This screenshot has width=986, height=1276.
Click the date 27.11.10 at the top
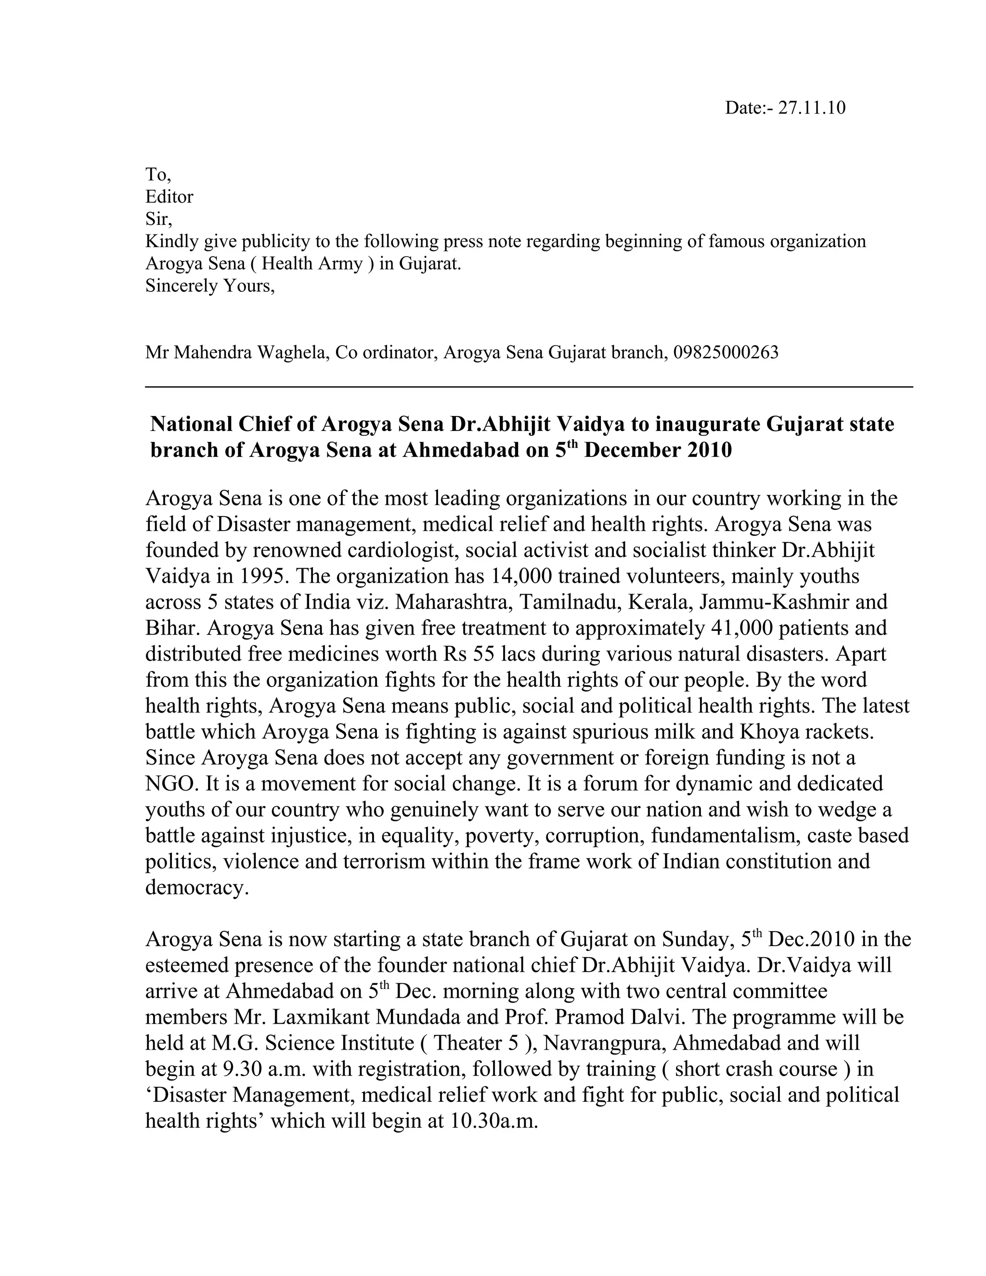pyautogui.click(x=811, y=108)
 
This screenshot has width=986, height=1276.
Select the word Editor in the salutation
pyautogui.click(x=169, y=197)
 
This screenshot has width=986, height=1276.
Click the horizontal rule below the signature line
pyautogui.click(x=529, y=386)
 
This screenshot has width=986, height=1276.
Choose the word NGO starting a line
pyautogui.click(x=169, y=783)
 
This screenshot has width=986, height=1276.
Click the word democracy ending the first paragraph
pyautogui.click(x=197, y=887)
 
